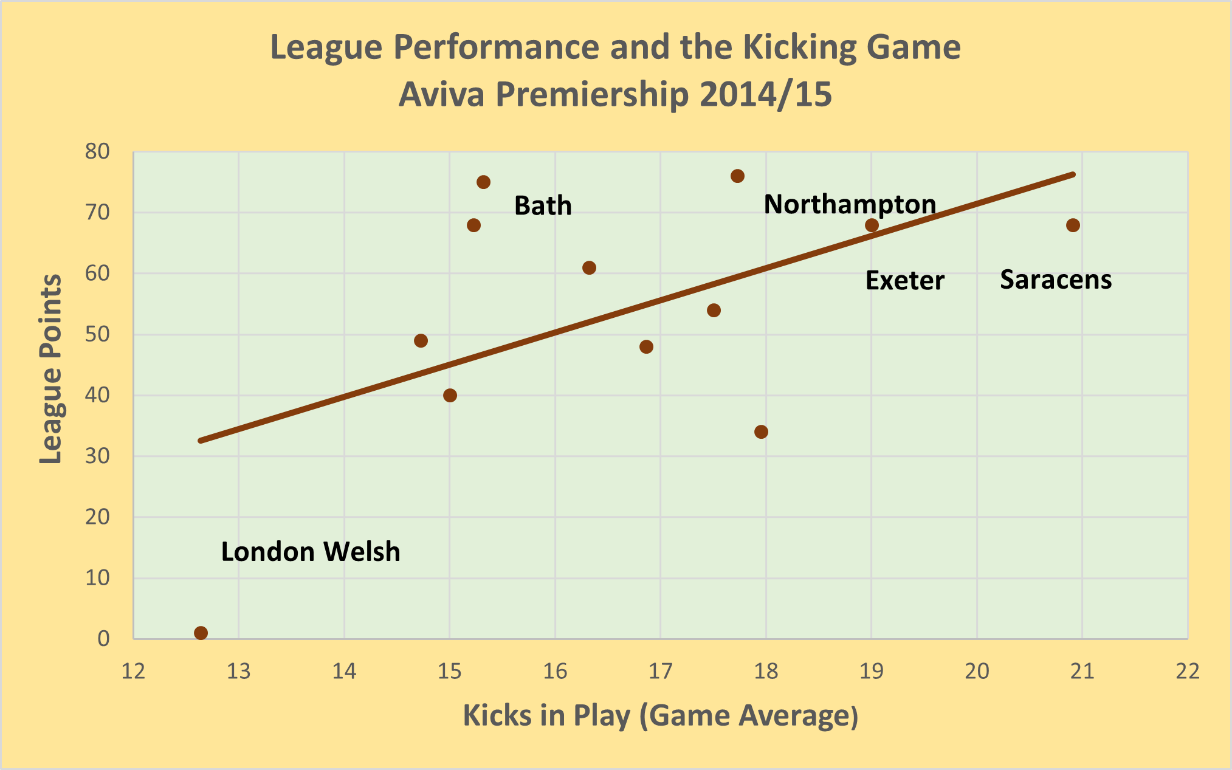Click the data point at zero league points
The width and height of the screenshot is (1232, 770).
tap(201, 633)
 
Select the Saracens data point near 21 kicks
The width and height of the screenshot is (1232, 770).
tap(1073, 225)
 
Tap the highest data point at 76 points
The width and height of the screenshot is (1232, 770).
tap(737, 176)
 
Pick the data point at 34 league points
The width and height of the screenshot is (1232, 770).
tap(761, 432)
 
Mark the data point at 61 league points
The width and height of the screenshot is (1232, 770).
tap(589, 268)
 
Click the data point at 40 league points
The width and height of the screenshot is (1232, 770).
tap(450, 396)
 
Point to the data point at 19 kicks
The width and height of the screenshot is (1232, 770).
tap(872, 225)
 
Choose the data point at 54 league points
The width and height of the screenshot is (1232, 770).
tap(714, 311)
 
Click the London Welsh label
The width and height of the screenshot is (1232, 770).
tap(311, 552)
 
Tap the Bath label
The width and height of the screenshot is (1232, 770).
tap(543, 206)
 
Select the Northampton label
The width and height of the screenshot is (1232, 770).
tap(849, 204)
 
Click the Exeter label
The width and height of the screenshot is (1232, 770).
tap(904, 281)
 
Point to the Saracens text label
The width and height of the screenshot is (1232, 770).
tap(1055, 280)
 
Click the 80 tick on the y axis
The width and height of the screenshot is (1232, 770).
tap(97, 151)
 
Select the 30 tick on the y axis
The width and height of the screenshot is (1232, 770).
tap(97, 456)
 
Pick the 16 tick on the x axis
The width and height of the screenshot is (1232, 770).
tap(555, 672)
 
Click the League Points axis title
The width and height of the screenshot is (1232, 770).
tap(50, 370)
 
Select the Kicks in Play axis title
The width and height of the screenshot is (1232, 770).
tap(660, 716)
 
